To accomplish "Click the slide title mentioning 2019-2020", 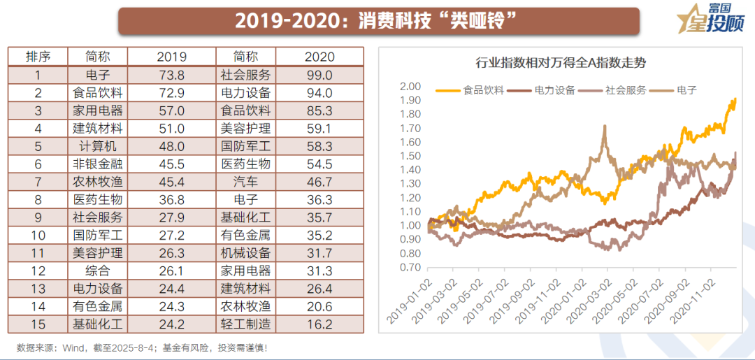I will point(377,21).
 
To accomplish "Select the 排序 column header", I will point(38,57).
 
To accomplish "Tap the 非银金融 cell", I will point(98,164).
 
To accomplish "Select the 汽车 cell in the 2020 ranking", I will point(245,182).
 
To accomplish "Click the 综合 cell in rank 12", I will point(98,271).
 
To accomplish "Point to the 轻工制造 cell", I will point(245,324).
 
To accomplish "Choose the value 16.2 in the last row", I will point(319,324).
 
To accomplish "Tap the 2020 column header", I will point(319,57).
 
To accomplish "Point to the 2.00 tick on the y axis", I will point(410,87).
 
